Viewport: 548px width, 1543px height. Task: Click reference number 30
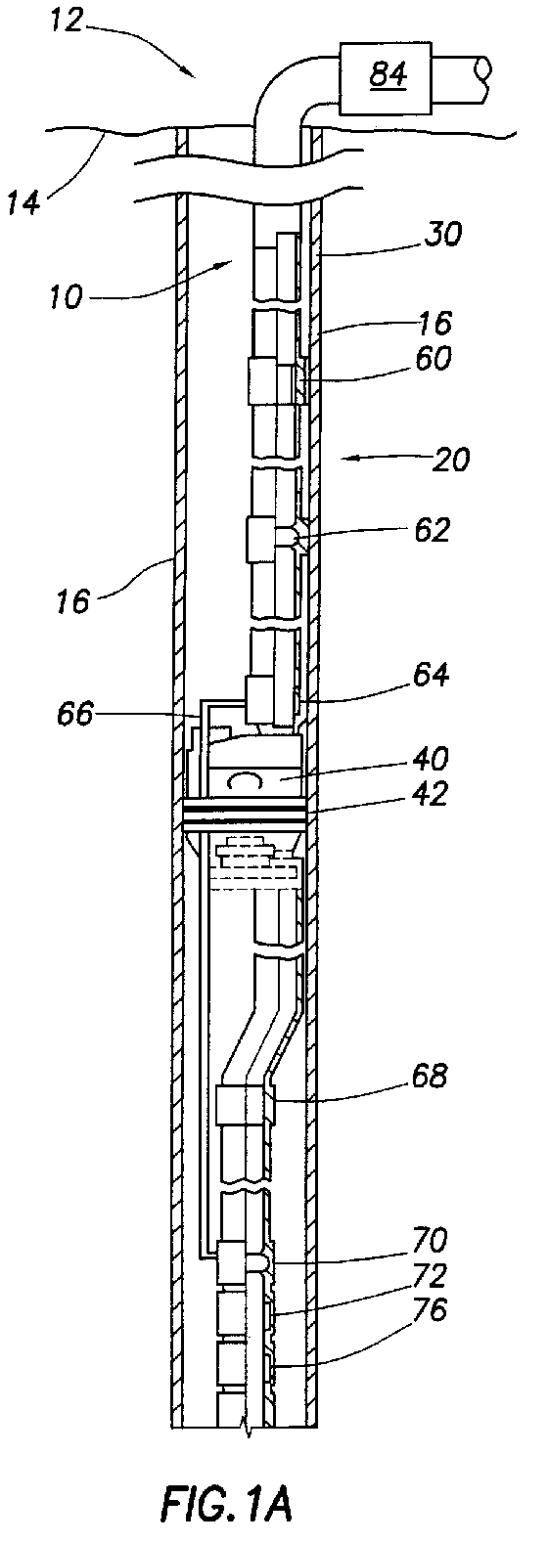[x=442, y=235]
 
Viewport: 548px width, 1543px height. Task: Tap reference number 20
[x=450, y=459]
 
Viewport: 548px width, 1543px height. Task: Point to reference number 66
[x=74, y=714]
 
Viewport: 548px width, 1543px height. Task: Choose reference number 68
[x=430, y=1076]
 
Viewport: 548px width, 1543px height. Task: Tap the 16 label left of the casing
[x=72, y=600]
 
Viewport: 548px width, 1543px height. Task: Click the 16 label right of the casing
[x=434, y=323]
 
